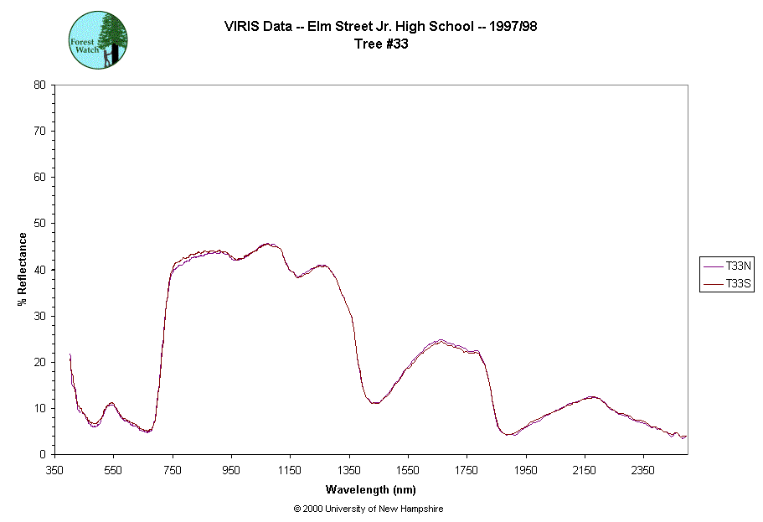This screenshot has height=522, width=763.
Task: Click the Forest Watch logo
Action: (98, 39)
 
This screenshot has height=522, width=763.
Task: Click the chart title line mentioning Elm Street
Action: (380, 26)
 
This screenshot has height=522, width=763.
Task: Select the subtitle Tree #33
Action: (381, 44)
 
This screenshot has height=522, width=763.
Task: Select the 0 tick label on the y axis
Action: (42, 455)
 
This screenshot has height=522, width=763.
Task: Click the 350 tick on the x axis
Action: (54, 470)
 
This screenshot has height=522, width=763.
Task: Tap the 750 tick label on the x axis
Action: (173, 470)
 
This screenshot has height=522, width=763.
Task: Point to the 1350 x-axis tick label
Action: (348, 470)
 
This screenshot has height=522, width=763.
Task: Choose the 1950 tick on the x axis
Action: (525, 470)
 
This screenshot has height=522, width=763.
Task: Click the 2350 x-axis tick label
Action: (643, 470)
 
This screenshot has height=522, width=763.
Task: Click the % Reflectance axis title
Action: (23, 269)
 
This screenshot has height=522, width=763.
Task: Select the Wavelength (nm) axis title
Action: (371, 490)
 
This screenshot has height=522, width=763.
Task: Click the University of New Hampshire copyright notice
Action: (369, 509)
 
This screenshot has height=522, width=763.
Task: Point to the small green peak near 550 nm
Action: (111, 403)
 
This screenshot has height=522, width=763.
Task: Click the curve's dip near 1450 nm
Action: (375, 403)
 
